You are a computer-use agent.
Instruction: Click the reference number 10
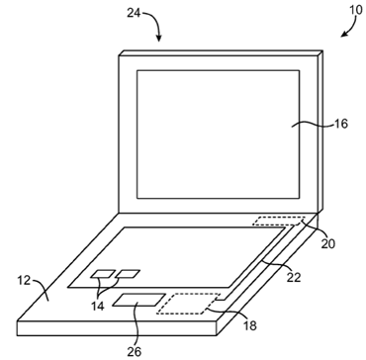tap(355, 10)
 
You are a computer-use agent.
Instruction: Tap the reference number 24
tap(134, 13)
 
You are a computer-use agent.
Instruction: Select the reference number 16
tap(341, 124)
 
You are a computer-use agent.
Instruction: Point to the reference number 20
tap(328, 243)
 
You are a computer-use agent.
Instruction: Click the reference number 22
tap(294, 277)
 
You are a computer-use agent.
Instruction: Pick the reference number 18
tap(250, 325)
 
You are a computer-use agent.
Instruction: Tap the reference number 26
tap(135, 352)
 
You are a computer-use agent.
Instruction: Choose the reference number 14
tap(98, 306)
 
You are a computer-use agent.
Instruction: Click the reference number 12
tap(24, 281)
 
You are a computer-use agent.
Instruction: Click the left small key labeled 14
tap(103, 273)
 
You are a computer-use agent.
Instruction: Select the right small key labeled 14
tap(128, 273)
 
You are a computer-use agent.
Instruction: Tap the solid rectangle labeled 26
tap(138, 300)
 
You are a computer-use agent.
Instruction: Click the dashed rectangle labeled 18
tap(189, 304)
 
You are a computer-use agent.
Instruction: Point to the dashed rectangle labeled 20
tap(279, 221)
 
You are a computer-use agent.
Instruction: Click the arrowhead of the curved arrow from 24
tap(159, 39)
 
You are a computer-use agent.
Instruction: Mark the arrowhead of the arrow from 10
tap(343, 34)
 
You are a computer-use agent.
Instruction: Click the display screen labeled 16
tap(219, 135)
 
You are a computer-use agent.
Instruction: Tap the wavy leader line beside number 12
tap(41, 289)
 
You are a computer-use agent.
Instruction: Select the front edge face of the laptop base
tap(117, 328)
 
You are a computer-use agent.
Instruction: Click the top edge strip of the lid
tap(221, 53)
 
